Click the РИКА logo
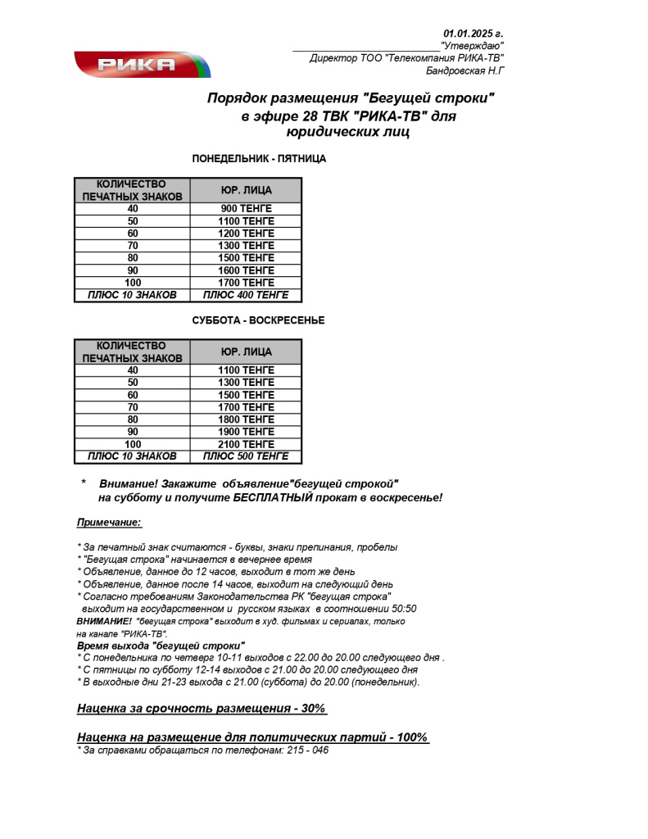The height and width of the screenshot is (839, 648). [x=142, y=64]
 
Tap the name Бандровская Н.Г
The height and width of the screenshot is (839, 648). [x=464, y=71]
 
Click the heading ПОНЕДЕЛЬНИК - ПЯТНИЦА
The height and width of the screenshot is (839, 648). [x=259, y=159]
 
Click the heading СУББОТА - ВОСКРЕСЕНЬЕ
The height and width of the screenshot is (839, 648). [x=258, y=320]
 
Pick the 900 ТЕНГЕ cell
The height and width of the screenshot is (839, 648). [x=246, y=209]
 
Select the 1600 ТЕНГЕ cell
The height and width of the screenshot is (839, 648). [x=246, y=270]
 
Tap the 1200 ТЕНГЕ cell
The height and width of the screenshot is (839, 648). [x=246, y=234]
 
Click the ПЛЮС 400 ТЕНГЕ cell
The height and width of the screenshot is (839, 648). [x=246, y=295]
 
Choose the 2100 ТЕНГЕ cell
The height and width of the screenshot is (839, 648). [x=246, y=444]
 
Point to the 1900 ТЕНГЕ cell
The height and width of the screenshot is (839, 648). [x=246, y=432]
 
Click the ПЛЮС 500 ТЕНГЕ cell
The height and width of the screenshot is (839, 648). [x=246, y=456]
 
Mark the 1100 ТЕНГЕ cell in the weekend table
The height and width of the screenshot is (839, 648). [x=246, y=370]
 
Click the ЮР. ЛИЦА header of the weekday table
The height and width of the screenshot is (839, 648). [x=246, y=191]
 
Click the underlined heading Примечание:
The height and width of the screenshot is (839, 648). [x=109, y=522]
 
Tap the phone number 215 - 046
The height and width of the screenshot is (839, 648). [x=308, y=750]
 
